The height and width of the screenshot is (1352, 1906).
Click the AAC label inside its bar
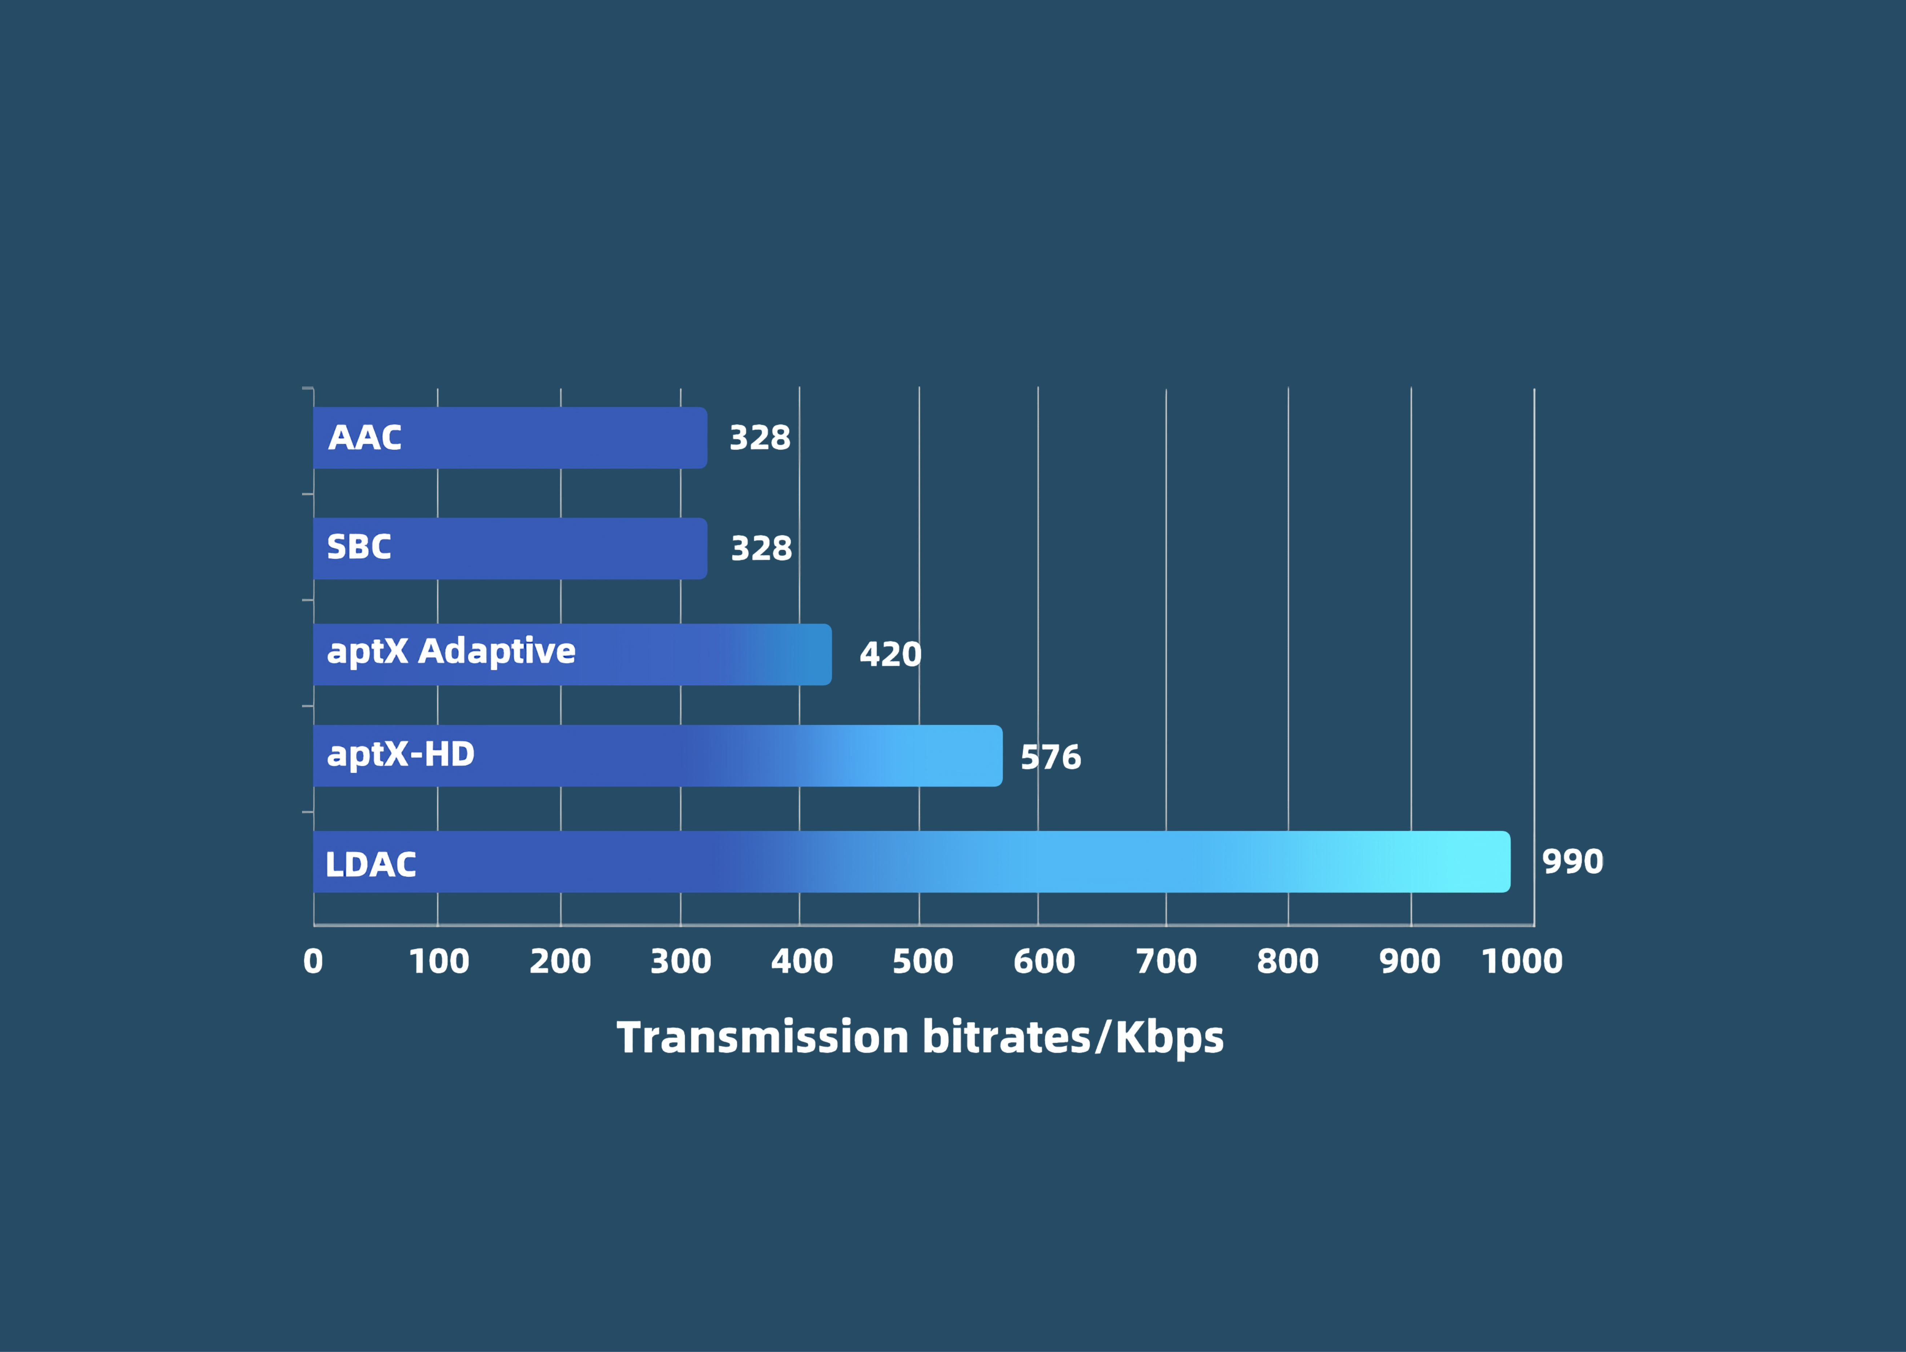(x=365, y=438)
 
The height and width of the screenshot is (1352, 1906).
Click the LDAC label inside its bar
(x=370, y=864)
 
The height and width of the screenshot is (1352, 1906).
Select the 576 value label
(x=1050, y=757)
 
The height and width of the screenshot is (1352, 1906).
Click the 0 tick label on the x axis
(x=313, y=962)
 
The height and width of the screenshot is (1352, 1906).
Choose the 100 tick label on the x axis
(x=439, y=962)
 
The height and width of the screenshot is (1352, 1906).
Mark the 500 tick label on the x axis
(x=922, y=962)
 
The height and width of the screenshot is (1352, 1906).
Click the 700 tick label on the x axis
(x=1166, y=962)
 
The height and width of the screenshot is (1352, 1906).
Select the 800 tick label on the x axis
(x=1288, y=962)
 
